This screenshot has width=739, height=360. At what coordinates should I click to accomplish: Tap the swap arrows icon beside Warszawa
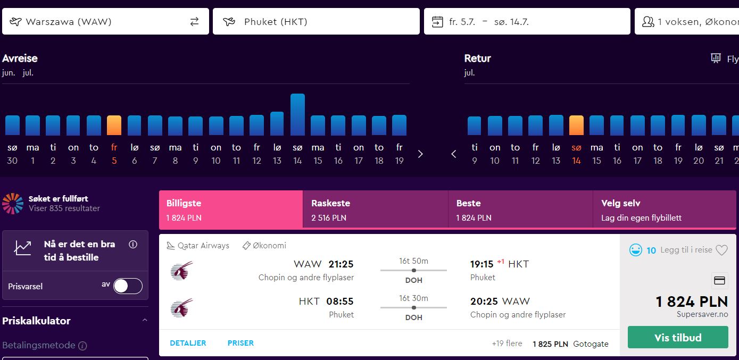tap(194, 21)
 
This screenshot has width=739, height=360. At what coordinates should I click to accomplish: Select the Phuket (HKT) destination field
tap(316, 21)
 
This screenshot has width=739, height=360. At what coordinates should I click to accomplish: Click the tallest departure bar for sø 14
tap(297, 114)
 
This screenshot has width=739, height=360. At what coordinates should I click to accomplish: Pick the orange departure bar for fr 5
tap(114, 125)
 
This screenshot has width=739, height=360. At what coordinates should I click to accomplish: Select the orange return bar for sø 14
tap(576, 125)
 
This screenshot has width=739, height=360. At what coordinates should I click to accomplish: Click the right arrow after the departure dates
tap(420, 154)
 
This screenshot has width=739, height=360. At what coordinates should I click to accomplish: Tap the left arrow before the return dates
tap(454, 154)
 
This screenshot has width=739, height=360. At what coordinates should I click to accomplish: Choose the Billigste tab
tap(231, 210)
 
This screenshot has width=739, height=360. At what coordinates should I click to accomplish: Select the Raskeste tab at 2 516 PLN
tap(375, 210)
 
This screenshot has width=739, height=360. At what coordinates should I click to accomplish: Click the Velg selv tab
tap(664, 210)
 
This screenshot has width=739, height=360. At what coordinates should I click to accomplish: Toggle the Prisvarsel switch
tap(128, 286)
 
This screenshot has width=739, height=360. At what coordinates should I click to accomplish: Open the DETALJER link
tap(188, 343)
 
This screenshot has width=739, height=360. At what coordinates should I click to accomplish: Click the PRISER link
tap(240, 343)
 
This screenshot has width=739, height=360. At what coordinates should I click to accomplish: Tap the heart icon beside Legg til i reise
tap(721, 250)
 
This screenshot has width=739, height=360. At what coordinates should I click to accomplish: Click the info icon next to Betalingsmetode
tap(82, 346)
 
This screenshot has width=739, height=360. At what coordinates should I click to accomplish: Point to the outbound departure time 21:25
tap(341, 264)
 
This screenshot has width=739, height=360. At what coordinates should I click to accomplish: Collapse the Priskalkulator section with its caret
tap(145, 320)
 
